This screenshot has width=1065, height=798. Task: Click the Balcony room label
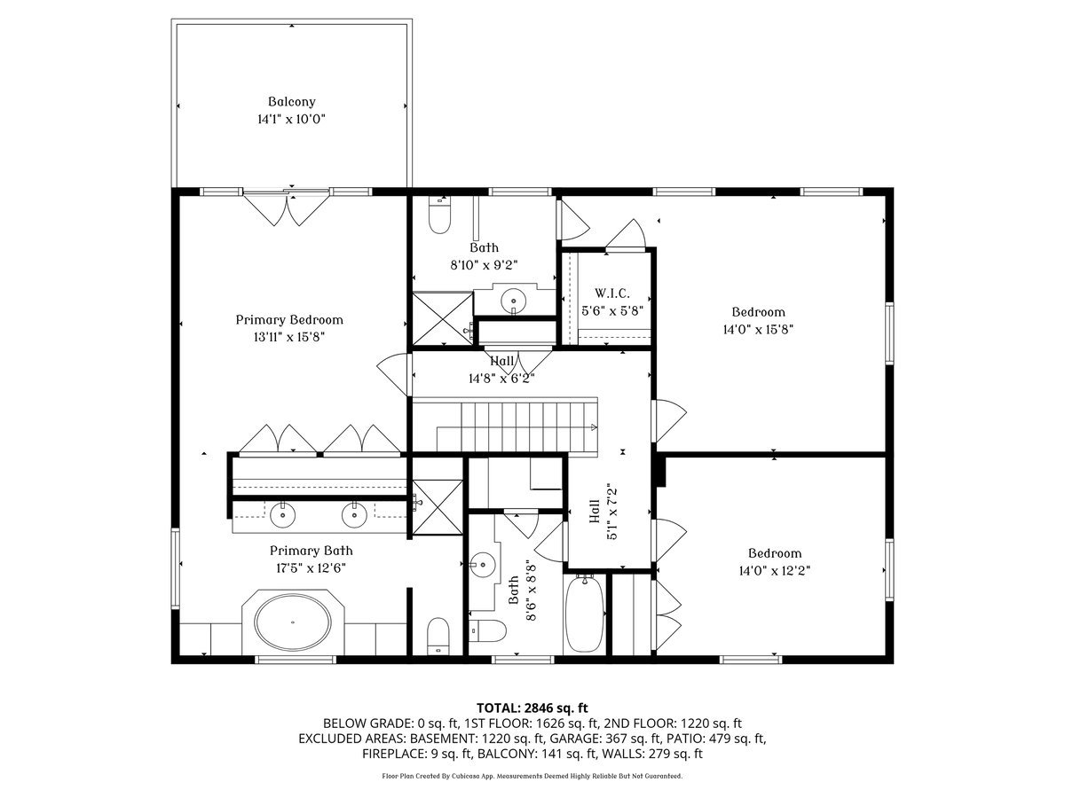coord(292,102)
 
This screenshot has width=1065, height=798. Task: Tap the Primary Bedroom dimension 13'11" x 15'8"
coord(289,337)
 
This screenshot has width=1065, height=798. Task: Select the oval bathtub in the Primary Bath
coord(293,622)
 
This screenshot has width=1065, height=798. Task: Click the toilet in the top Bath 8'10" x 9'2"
coord(439,215)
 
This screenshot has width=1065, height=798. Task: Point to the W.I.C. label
coord(612,293)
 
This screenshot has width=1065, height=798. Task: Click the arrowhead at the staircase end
coord(594,426)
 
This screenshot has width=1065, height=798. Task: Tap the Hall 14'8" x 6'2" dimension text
coord(501,379)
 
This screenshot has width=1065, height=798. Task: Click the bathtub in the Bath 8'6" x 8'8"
coord(585,614)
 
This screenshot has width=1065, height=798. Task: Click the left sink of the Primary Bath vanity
coord(282,515)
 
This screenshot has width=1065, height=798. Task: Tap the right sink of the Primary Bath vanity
coord(354,515)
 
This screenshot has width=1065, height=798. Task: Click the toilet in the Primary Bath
coord(438,636)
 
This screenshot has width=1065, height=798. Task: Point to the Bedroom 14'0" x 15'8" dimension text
coord(758,330)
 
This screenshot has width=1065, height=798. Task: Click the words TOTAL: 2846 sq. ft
coord(532,708)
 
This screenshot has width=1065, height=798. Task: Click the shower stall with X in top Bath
coord(443,318)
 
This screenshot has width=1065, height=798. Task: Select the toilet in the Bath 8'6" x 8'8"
coord(488,630)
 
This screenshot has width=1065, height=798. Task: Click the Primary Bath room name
coord(311,551)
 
